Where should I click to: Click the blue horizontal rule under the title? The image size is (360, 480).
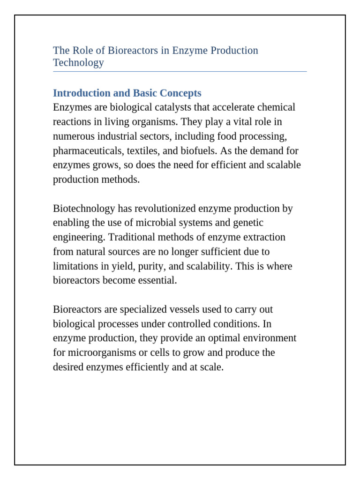click(180, 72)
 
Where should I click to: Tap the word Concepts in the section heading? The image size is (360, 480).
click(180, 93)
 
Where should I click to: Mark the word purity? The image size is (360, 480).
click(140, 266)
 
